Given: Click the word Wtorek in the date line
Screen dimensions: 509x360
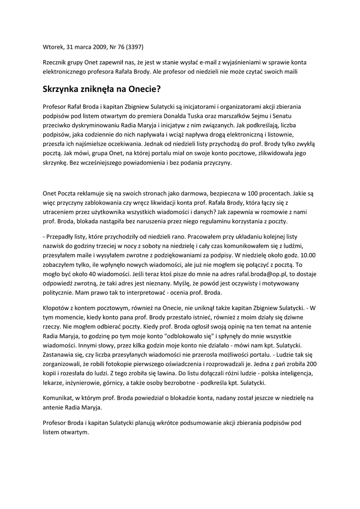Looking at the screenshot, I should pos(54,48).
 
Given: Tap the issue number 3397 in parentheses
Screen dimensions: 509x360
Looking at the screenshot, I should pos(135,48).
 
